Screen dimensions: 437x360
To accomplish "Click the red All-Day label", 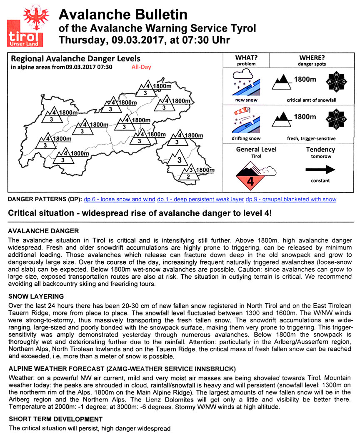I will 141,67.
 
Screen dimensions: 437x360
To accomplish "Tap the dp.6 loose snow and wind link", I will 120,199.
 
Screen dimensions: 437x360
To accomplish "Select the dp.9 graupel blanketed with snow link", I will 291,199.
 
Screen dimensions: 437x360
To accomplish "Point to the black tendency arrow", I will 320,169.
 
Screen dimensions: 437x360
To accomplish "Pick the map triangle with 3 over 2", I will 187,174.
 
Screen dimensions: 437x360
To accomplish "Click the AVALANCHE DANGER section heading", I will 43,231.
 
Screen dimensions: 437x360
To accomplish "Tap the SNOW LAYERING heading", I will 36,297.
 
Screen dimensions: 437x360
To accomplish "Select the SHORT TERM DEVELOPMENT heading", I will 55,419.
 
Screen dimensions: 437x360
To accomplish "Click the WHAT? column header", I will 246,57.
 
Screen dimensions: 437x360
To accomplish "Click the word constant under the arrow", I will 320,181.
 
